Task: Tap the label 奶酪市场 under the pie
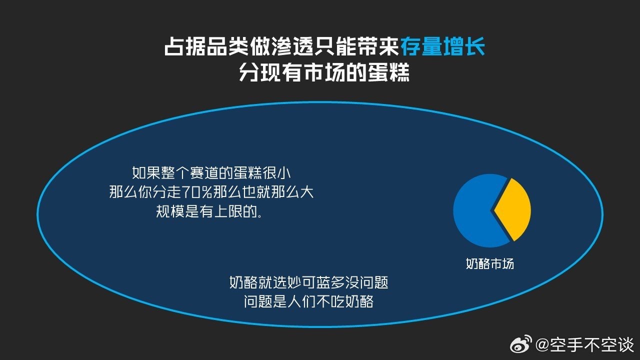click(x=489, y=263)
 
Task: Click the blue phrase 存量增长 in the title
click(x=442, y=46)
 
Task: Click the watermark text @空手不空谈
click(x=584, y=344)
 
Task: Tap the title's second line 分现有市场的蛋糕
click(x=324, y=72)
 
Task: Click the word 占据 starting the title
click(x=185, y=46)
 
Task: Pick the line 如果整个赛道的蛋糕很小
click(x=211, y=173)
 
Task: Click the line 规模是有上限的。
click(x=209, y=211)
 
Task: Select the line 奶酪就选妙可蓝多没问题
click(x=309, y=282)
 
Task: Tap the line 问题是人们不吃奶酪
click(x=309, y=301)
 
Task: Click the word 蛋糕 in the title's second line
click(x=388, y=72)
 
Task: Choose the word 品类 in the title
click(x=228, y=46)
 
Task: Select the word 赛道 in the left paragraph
click(x=204, y=173)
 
